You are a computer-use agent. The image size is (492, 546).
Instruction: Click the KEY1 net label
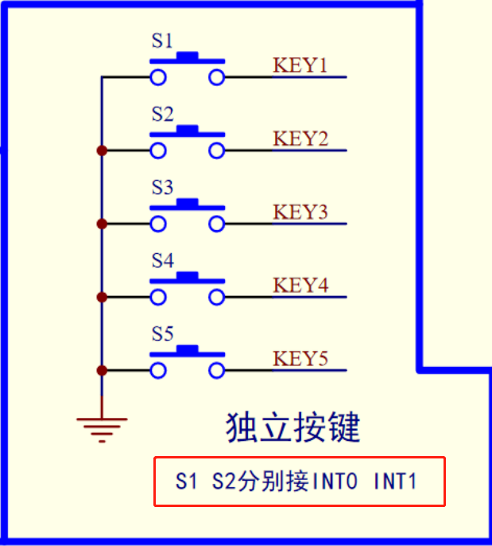coord(300,65)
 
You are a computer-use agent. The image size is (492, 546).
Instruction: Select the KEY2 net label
coord(300,138)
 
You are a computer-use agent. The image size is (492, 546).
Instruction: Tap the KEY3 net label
coord(300,212)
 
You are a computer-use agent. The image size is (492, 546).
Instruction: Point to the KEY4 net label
coord(300,285)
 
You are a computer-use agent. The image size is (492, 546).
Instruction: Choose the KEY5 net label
coord(300,358)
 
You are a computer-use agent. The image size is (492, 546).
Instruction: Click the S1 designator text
coord(162,41)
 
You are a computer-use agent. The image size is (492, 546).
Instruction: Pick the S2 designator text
coord(162,115)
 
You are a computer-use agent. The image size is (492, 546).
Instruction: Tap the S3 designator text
coord(162,188)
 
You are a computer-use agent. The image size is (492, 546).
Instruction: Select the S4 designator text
coord(162,261)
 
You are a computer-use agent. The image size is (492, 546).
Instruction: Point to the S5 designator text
coord(162,334)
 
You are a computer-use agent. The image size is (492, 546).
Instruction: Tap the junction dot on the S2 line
coord(102,150)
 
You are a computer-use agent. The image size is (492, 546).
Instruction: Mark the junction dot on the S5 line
coord(102,370)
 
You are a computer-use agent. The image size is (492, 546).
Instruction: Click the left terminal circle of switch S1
coord(158,77)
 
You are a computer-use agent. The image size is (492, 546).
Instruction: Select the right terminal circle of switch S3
coord(217,224)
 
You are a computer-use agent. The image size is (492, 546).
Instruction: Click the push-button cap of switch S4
coord(188,276)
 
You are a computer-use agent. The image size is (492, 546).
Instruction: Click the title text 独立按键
coord(293,427)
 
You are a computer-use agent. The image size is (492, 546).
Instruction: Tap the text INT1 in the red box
coord(395,482)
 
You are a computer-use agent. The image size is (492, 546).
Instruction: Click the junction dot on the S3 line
coord(102,224)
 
